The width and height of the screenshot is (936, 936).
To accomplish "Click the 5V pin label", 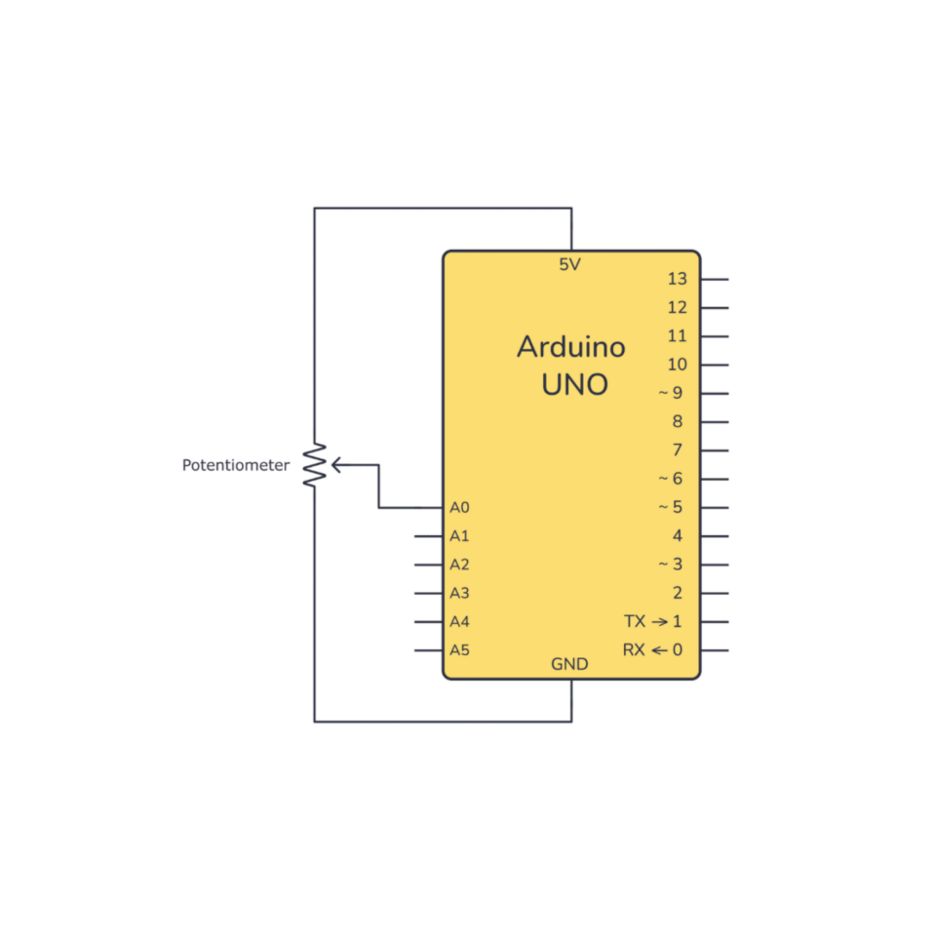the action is (x=569, y=264).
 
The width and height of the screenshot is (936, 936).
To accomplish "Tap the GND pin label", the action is (x=569, y=664).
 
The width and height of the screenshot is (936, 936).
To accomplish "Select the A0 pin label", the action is (x=459, y=507).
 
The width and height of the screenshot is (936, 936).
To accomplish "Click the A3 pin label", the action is (x=459, y=594).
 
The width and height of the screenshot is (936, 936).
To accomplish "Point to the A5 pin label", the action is (x=459, y=650).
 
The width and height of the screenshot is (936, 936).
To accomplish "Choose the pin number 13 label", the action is (x=678, y=279).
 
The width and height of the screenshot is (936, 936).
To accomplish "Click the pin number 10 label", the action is (x=678, y=364).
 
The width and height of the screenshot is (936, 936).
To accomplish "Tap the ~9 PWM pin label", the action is (x=671, y=393).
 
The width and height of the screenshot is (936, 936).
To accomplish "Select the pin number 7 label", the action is (x=678, y=450).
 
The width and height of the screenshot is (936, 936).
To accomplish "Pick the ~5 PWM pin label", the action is (x=671, y=507).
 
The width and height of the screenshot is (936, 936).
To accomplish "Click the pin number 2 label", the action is (x=678, y=593).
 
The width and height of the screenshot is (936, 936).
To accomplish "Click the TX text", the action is (x=635, y=621).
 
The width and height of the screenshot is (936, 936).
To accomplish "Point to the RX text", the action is (x=634, y=650).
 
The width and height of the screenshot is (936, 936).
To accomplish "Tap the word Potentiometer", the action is (x=236, y=465).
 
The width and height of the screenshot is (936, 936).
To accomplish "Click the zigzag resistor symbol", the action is (x=315, y=465).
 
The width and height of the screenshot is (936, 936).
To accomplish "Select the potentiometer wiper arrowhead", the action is (x=335, y=465).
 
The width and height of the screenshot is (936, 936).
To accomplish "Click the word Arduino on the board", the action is (x=571, y=347).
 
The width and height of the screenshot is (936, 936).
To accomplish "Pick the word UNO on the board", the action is (x=575, y=385).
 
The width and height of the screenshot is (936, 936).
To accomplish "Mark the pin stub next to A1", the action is (x=429, y=536).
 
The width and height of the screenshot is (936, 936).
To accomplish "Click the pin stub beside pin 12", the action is (x=715, y=308).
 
